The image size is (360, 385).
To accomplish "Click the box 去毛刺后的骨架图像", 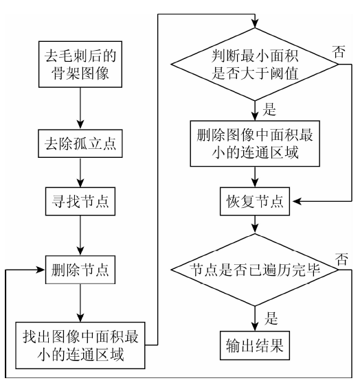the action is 80,64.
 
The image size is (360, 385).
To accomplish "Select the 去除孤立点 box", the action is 80,143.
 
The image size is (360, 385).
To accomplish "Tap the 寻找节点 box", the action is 80,201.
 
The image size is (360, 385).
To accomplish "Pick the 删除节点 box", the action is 80,270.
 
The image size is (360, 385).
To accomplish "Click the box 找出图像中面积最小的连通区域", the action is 80,345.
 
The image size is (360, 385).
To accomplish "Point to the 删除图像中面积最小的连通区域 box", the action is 255,143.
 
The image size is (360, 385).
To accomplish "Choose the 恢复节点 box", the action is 255,201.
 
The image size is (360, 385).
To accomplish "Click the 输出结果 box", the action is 255,345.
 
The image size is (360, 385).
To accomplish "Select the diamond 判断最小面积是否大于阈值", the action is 255,65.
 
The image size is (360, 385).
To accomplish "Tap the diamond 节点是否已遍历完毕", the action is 255,270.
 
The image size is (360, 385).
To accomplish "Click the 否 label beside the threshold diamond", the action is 339,51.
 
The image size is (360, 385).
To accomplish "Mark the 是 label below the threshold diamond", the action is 269,109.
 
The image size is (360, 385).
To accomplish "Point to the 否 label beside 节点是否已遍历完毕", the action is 341,259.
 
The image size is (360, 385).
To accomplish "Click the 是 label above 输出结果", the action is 271,318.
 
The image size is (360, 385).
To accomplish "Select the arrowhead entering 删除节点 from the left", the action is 41,270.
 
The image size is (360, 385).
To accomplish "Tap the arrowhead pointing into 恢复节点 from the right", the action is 297,201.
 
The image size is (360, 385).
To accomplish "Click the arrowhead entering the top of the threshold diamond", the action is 255,23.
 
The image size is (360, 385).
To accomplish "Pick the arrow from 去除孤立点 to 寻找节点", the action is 80,173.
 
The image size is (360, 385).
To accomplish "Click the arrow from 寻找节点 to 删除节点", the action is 80,235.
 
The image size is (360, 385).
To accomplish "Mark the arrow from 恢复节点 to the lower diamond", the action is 255,224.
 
